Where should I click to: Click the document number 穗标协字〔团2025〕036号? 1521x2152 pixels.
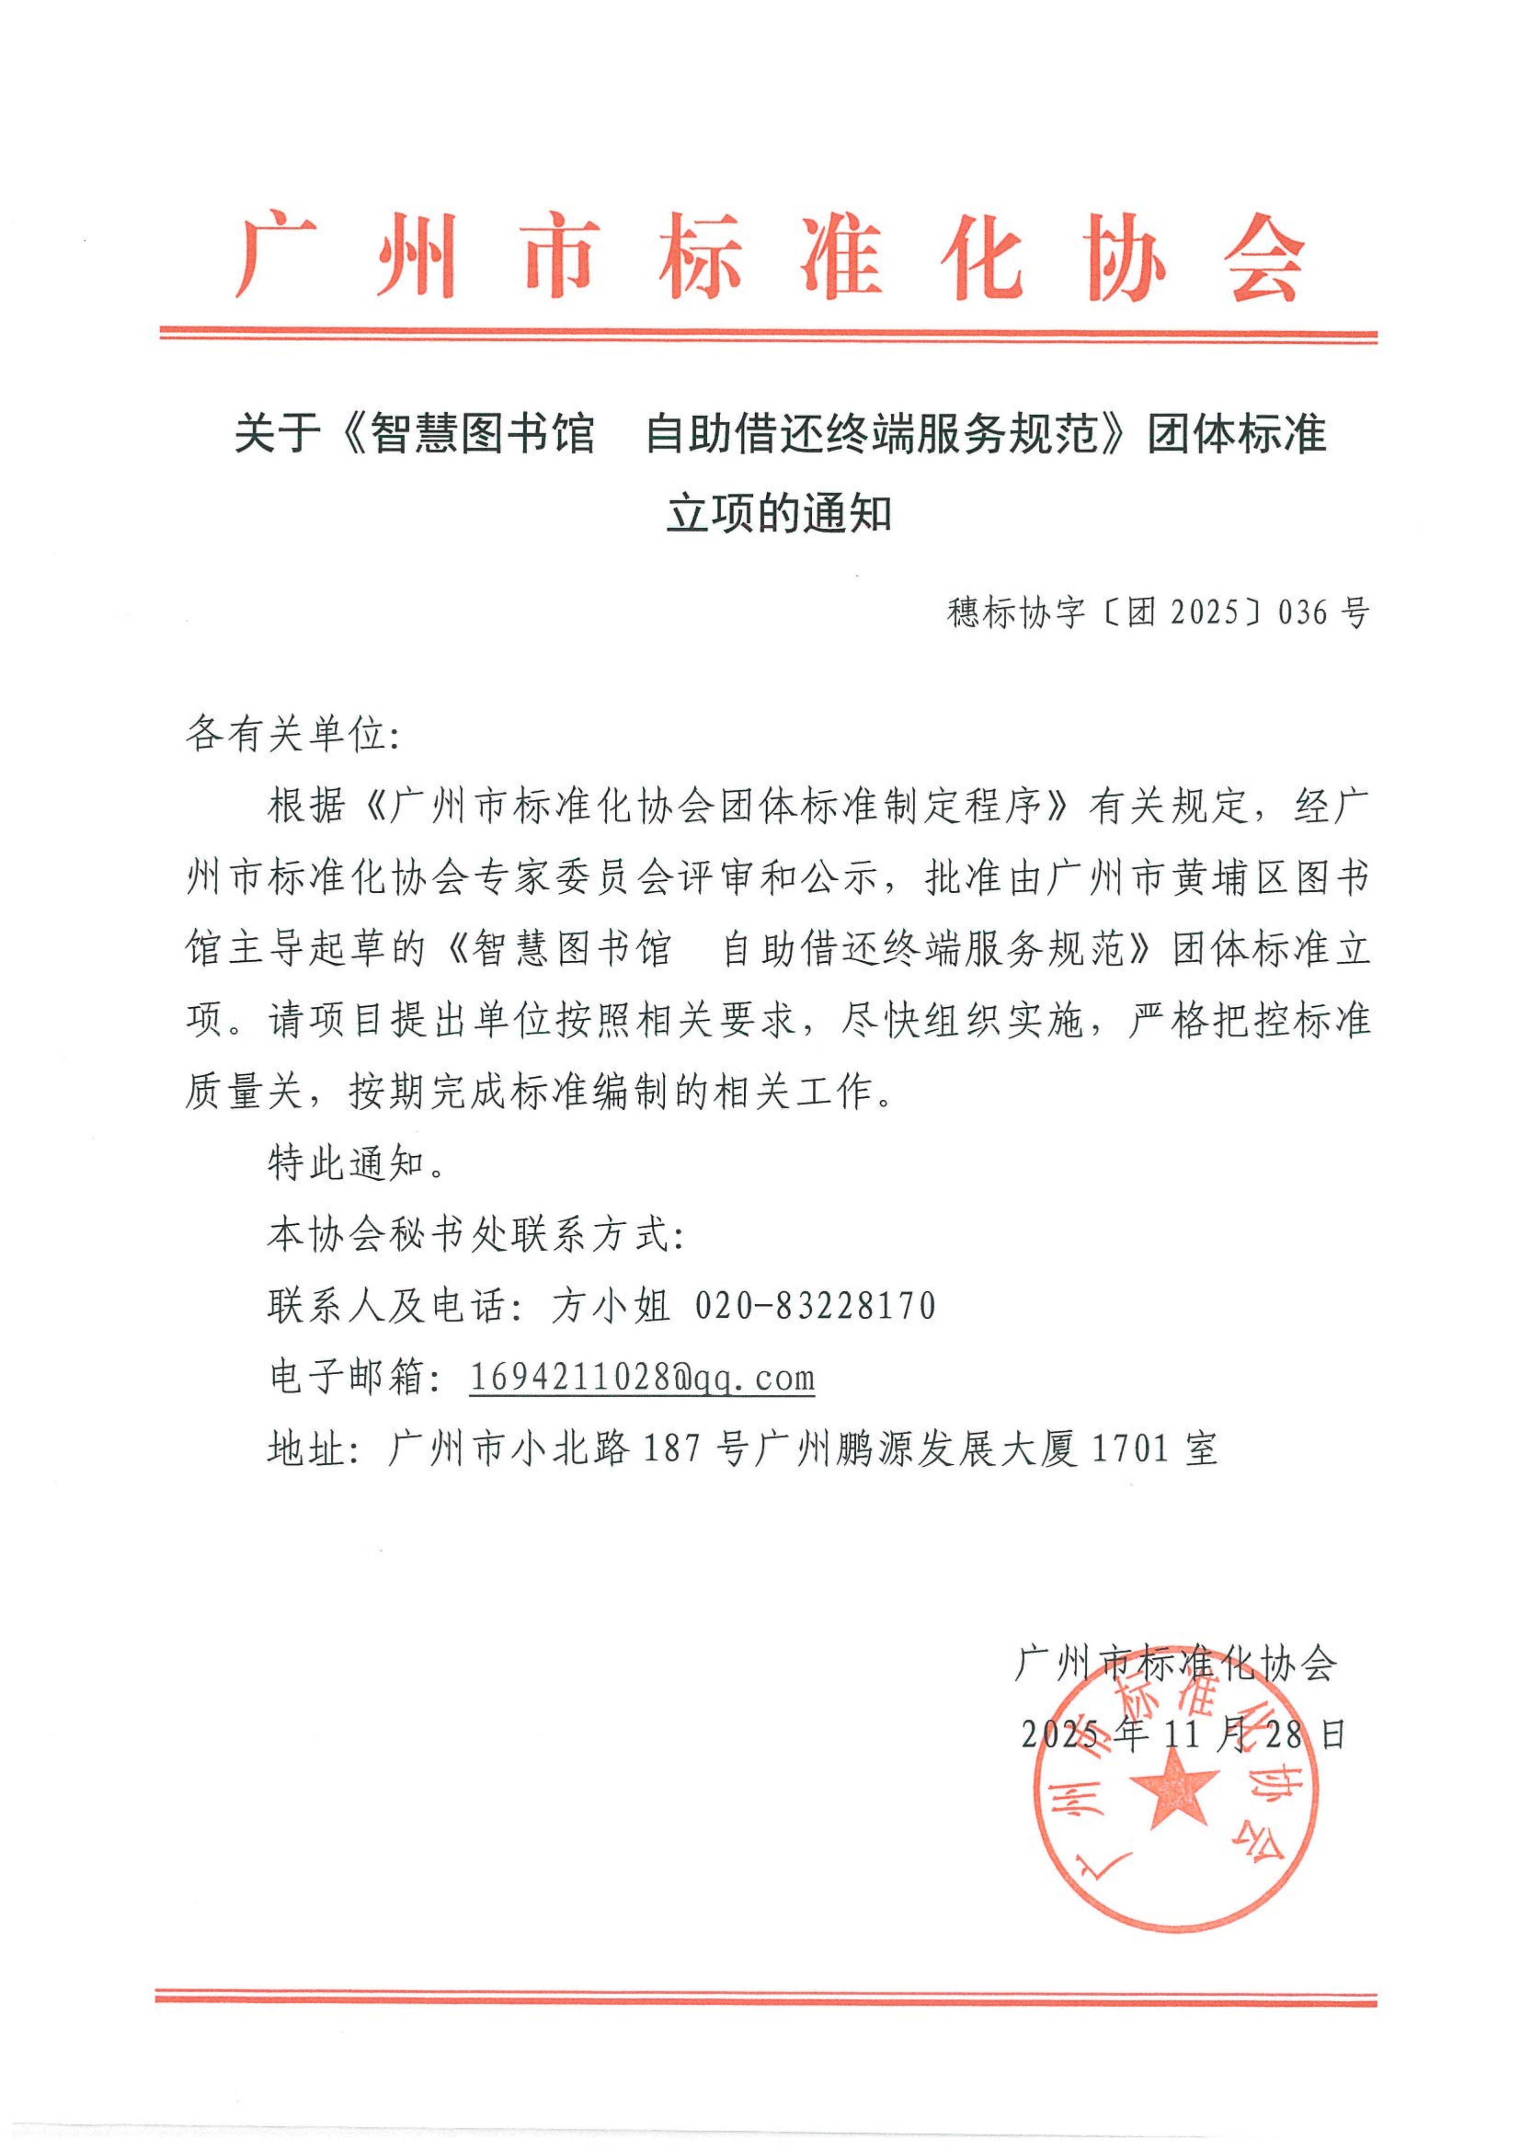[1158, 613]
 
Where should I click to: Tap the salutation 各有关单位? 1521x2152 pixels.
[293, 734]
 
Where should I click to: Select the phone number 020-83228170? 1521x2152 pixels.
[815, 1306]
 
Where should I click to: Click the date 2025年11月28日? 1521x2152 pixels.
[1184, 1735]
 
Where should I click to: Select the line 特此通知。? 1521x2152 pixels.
[356, 1163]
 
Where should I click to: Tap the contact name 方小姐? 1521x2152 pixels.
[610, 1306]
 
